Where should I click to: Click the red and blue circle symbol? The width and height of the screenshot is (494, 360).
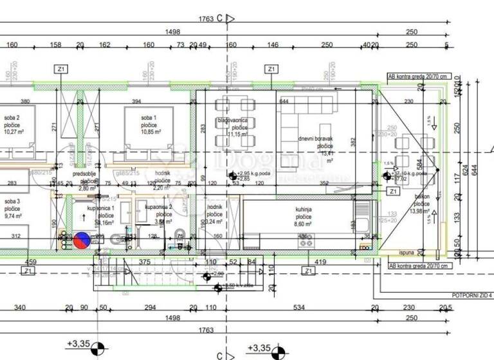81,240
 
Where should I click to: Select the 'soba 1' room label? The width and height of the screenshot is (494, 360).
149,118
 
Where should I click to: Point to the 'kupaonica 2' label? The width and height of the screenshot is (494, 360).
158,207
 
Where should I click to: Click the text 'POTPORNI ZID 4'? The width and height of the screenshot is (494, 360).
473,295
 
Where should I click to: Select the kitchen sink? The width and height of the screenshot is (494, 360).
364,225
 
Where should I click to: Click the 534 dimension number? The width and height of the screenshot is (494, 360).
298,307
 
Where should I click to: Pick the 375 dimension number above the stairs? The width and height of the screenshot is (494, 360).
144,262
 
